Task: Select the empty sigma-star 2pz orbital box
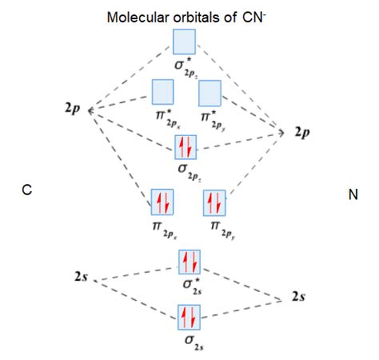(x=185, y=41)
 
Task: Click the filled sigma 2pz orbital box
(x=186, y=146)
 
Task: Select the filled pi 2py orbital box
(x=216, y=202)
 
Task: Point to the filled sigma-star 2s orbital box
(x=189, y=262)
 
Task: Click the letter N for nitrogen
(x=353, y=193)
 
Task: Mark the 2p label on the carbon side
(x=72, y=106)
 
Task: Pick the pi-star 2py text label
(x=214, y=119)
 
